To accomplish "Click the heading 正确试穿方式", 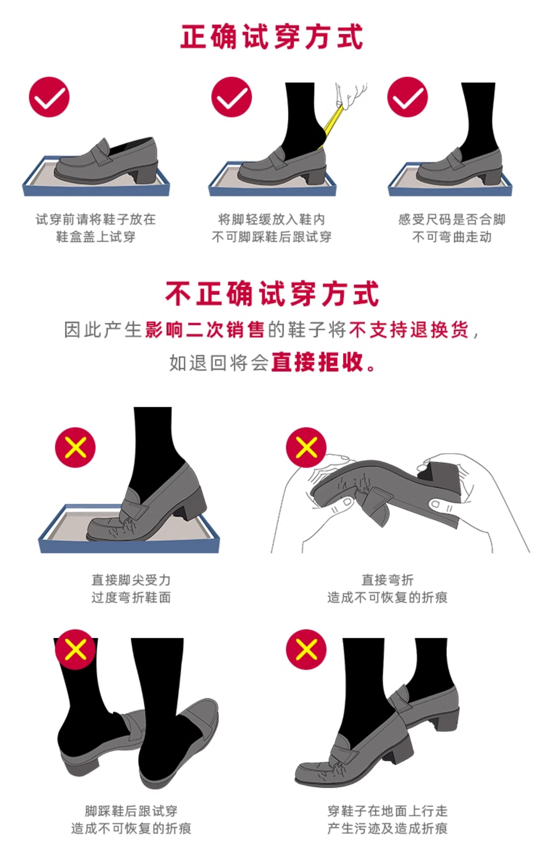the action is [x=271, y=36].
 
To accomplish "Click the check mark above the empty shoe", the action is [x=49, y=97].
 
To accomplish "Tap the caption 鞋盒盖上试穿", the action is [x=95, y=237].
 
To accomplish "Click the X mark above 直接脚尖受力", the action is [x=75, y=447].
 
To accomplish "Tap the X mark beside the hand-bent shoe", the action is [x=306, y=447].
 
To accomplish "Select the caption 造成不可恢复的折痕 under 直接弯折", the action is [x=387, y=597].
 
